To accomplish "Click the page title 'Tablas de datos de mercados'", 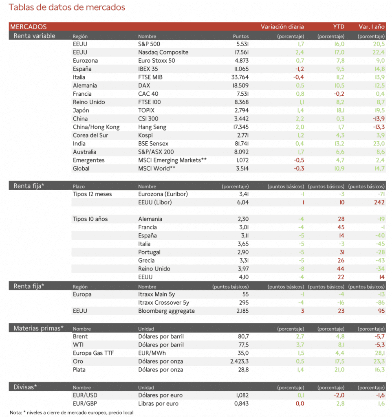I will (67, 7).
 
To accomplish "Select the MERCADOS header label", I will (29, 27).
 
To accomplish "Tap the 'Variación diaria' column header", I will (282, 27).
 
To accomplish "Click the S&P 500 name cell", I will (150, 44).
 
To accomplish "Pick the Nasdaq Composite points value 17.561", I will (239, 52).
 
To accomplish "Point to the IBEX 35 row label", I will (148, 69).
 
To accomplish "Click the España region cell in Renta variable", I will (82, 69).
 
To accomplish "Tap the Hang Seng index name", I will (152, 127).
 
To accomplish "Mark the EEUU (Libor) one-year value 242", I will (379, 202).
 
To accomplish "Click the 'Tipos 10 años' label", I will (90, 219).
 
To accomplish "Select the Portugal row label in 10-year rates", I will (150, 252).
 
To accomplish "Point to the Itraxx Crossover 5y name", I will (164, 303).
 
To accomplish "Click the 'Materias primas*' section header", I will (39, 328).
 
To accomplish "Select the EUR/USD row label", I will (86, 395).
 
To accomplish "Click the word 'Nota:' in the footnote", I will (16, 412).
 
